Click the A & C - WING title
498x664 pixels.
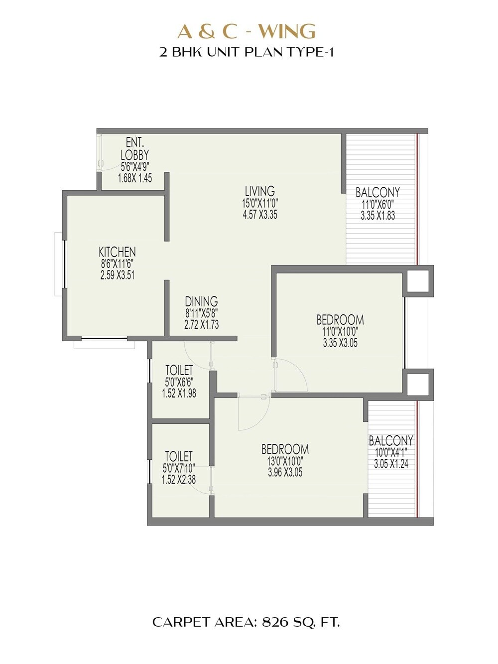pos(247,31)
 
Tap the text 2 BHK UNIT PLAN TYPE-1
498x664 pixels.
pos(247,52)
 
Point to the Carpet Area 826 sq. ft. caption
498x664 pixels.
pos(246,622)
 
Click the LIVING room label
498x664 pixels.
pos(259,191)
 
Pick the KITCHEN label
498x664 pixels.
pos(117,252)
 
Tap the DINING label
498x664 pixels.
pos(201,301)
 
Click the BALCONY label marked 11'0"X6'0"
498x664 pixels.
pos(377,193)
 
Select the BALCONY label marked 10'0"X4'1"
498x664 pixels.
pos(391,441)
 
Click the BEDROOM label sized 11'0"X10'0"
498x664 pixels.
pos(340,319)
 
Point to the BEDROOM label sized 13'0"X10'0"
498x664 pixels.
pos(285,449)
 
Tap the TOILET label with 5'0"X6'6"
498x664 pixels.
pos(179,370)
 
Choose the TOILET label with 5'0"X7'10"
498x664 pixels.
pos(178,456)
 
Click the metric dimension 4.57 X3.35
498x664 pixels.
pos(259,215)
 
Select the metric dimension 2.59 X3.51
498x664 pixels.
pos(117,275)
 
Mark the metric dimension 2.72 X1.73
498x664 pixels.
pos(201,325)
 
